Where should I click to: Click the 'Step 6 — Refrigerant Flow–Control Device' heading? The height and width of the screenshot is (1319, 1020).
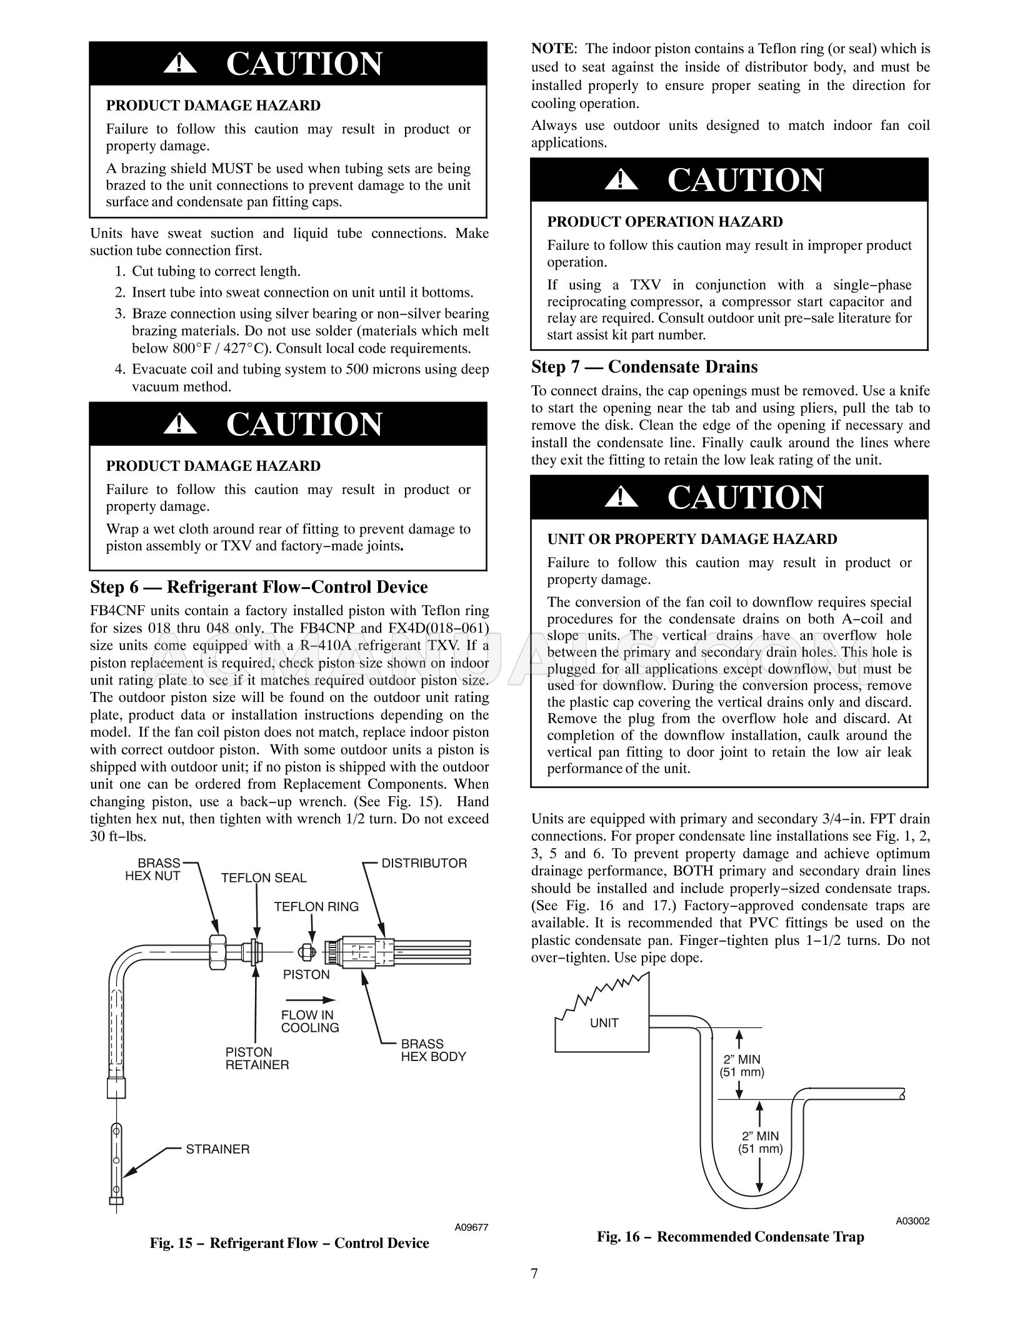tap(259, 587)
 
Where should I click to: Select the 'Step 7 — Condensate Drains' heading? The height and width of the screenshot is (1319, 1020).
tap(644, 367)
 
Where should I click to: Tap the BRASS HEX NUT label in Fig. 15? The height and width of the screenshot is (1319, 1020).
tap(152, 869)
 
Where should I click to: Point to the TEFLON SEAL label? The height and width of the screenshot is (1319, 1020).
tap(264, 878)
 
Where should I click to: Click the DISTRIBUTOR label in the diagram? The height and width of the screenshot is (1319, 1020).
tap(424, 863)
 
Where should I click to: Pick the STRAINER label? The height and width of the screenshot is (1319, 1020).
tap(217, 1149)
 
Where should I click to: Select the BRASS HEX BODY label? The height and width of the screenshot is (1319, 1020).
tap(433, 1050)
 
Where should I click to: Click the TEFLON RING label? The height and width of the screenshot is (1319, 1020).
tap(316, 907)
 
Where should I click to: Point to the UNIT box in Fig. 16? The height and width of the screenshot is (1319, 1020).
tap(604, 1023)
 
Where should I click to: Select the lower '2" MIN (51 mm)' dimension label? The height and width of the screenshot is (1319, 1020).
tap(760, 1143)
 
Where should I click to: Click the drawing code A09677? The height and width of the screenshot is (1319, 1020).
tap(471, 1228)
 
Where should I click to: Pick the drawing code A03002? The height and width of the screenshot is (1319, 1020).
tap(912, 1221)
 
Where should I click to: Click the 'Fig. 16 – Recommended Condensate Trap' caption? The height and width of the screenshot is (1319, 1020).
tap(730, 1237)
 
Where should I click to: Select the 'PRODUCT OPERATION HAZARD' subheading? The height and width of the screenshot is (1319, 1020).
tap(664, 222)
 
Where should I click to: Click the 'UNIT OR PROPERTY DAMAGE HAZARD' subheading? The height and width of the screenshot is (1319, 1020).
tap(692, 539)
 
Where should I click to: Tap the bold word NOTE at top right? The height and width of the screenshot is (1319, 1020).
tap(552, 49)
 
